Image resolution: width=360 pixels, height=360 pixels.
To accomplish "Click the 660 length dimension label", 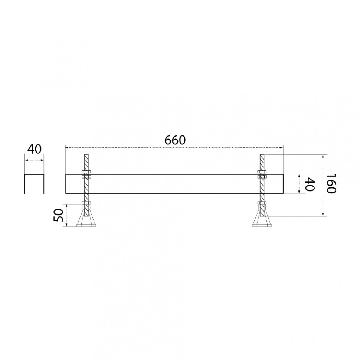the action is [175, 140].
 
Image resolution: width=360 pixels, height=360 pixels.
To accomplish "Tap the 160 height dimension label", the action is [331, 183].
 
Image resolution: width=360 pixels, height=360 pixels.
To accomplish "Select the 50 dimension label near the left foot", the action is [58, 215].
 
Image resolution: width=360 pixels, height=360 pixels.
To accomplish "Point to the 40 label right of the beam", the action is [310, 184].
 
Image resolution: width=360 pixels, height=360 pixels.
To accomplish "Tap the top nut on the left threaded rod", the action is [86, 172].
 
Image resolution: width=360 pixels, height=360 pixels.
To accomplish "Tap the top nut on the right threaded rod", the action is [262, 172].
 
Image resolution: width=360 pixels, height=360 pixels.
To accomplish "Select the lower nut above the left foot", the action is [86, 203].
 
